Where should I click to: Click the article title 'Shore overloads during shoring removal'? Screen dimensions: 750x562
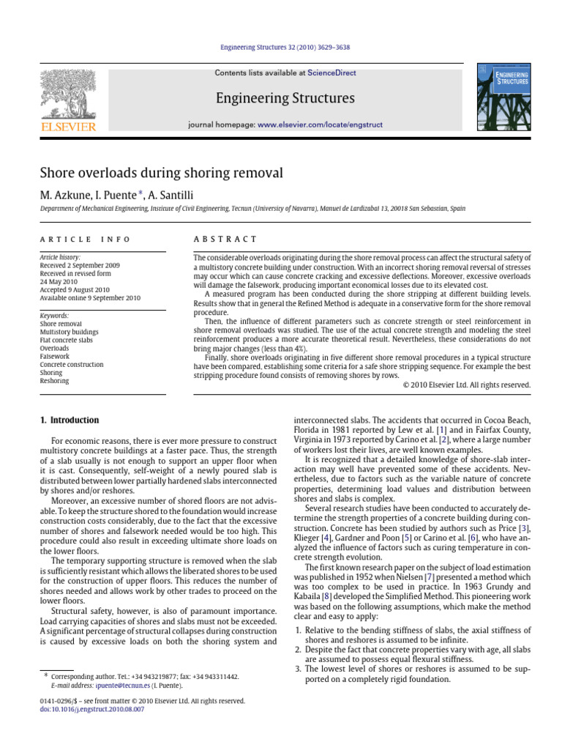click(161, 173)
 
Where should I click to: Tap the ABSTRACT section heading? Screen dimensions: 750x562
click(225, 240)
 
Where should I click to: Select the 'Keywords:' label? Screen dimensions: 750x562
click(55, 316)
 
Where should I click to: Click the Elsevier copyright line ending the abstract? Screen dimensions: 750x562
click(466, 385)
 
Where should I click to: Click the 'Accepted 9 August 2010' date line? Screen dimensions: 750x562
click(75, 290)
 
